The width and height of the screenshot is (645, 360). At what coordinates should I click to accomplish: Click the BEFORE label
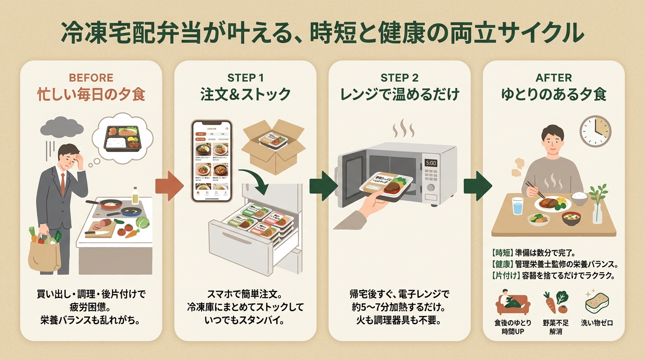pyautogui.click(x=91, y=77)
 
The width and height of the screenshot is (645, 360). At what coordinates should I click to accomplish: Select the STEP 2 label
pyautogui.click(x=399, y=77)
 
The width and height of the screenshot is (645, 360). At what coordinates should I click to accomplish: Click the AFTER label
pyautogui.click(x=554, y=77)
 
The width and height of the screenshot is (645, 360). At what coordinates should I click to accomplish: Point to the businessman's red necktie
pyautogui.click(x=63, y=183)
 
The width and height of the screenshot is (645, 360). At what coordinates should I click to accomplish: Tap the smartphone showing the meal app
pyautogui.click(x=212, y=161)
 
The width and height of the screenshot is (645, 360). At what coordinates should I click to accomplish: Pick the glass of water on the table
pyautogui.click(x=517, y=206)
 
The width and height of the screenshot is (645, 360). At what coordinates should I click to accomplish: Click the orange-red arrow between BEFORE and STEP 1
pyautogui.click(x=169, y=186)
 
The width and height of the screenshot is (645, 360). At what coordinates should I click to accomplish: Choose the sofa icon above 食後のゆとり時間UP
pyautogui.click(x=512, y=302)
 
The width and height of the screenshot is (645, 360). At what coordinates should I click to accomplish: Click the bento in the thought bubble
pyautogui.click(x=122, y=137)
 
